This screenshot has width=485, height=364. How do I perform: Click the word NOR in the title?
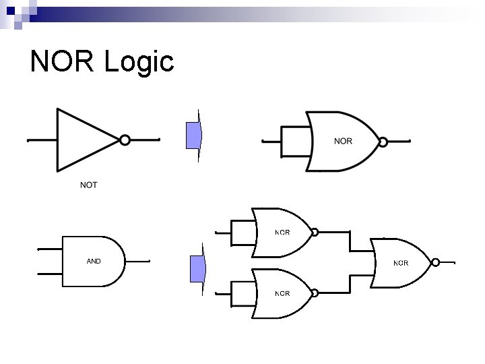tap(63, 62)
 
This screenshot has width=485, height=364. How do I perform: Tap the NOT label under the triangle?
tap(88, 185)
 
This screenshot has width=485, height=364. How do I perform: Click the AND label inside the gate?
tap(94, 261)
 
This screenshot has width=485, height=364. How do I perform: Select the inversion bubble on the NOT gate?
tap(125, 140)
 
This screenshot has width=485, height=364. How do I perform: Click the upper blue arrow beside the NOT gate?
tap(194, 135)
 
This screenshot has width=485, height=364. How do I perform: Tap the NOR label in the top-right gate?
tap(343, 141)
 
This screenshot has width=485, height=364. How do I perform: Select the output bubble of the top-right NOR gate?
tap(383, 142)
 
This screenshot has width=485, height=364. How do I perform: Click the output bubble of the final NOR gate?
tap(436, 262)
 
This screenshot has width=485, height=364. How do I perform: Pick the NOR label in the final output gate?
tap(401, 263)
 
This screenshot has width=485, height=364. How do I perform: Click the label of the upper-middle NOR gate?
tap(282, 233)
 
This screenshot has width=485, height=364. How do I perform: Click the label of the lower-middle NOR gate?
tap(282, 293)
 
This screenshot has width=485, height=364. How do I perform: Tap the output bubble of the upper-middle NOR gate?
tap(315, 233)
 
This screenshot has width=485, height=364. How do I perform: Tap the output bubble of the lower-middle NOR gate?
tap(315, 293)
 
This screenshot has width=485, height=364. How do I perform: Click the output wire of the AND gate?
tap(137, 262)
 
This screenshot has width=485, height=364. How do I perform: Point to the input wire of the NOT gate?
tap(42, 141)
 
